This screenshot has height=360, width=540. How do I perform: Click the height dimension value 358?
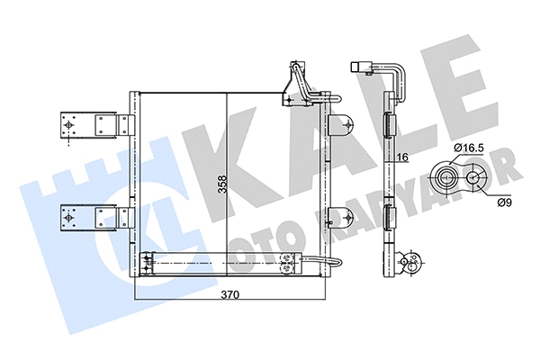[222, 184]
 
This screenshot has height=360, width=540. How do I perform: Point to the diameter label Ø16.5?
[471, 147]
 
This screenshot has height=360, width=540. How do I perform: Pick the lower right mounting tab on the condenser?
[340, 216]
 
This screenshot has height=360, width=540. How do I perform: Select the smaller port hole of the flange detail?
[470, 177]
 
